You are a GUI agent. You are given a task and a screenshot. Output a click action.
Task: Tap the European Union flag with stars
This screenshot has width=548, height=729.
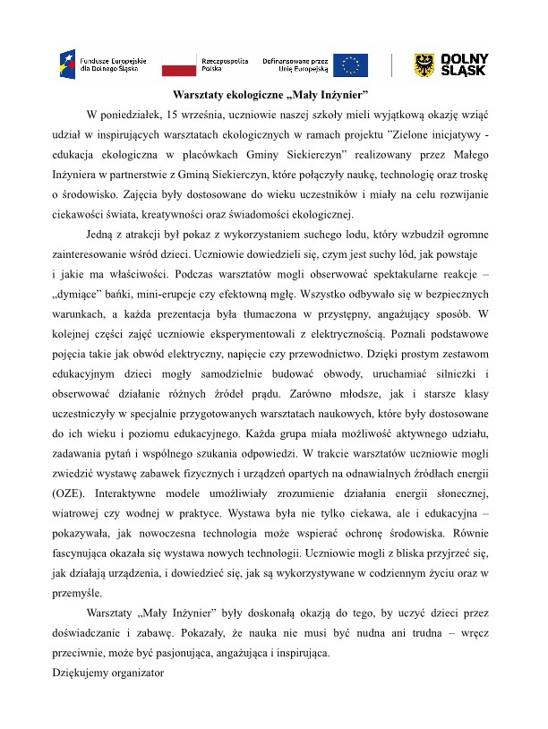[350, 64]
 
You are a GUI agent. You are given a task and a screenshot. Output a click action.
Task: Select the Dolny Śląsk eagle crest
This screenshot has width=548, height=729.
[425, 64]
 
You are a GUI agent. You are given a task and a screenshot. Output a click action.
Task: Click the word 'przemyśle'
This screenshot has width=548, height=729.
[77, 593]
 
